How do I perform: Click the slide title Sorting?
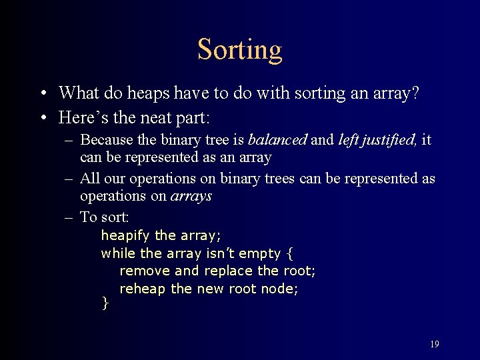(240, 49)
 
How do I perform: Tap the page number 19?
(434, 344)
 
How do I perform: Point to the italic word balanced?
(277, 140)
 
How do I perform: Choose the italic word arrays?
(191, 196)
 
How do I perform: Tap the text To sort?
(104, 217)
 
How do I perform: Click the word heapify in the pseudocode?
(125, 236)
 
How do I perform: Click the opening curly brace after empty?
(289, 253)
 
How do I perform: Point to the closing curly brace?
(104, 304)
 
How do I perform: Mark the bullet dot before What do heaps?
(43, 93)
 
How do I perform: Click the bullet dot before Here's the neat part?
(43, 119)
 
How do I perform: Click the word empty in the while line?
(259, 254)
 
